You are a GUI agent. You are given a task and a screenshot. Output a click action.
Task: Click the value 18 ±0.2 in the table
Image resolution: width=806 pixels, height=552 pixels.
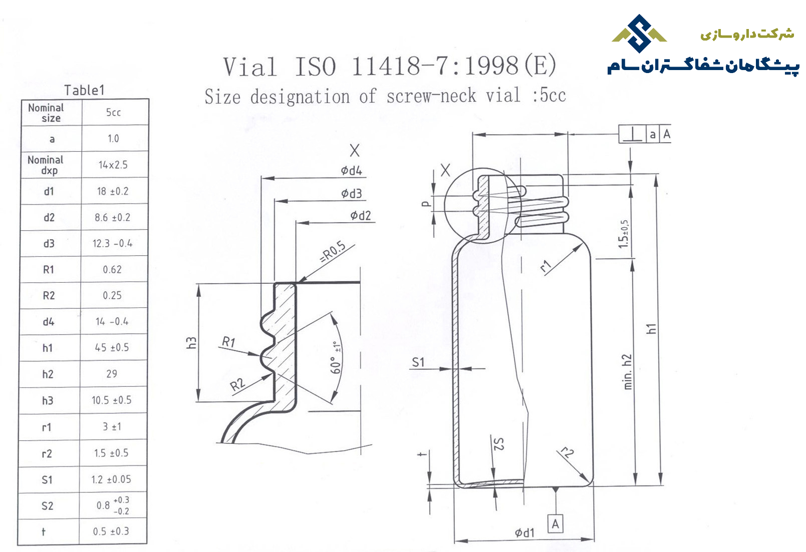coord(113,191)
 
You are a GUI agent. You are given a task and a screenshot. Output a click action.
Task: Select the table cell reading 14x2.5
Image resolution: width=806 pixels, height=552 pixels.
coord(113,165)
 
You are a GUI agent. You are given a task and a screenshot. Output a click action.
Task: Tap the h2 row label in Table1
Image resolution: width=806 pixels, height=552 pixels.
coord(48,374)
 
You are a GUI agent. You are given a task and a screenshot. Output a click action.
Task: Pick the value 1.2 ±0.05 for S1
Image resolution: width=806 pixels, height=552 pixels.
coord(111,479)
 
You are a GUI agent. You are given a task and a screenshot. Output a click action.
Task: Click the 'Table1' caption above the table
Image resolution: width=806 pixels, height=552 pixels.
coord(84,90)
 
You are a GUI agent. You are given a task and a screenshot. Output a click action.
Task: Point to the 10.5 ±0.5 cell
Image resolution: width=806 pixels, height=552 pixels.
coord(112,400)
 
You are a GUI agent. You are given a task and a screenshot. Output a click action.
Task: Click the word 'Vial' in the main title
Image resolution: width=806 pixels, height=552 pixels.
coord(250,67)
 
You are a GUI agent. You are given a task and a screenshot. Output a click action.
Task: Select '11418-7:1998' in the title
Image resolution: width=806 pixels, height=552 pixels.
coord(435,67)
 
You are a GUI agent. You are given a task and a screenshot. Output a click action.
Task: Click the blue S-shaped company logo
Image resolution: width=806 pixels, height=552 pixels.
coord(639,34)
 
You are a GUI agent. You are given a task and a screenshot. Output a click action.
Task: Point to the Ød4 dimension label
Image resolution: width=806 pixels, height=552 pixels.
coord(352,170)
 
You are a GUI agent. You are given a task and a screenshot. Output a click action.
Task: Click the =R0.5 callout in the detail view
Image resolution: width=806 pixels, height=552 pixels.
coord(333,252)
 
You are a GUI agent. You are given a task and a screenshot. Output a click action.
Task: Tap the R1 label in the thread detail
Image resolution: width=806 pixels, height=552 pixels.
coord(228,341)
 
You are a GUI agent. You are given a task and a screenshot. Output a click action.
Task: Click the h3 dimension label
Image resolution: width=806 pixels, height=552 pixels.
coord(191,343)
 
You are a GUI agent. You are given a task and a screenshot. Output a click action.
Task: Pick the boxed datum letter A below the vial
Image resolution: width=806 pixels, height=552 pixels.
coord(555,524)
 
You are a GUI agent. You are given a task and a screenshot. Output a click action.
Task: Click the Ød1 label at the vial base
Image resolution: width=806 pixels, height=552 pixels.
coord(524,532)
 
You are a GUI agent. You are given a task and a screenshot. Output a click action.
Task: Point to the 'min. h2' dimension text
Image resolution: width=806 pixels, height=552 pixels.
coord(627,372)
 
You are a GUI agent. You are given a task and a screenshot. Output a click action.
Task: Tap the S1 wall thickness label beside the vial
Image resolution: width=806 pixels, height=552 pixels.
coord(418,362)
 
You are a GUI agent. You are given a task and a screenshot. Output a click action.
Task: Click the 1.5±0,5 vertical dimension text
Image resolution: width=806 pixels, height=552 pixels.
coord(624,234)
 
